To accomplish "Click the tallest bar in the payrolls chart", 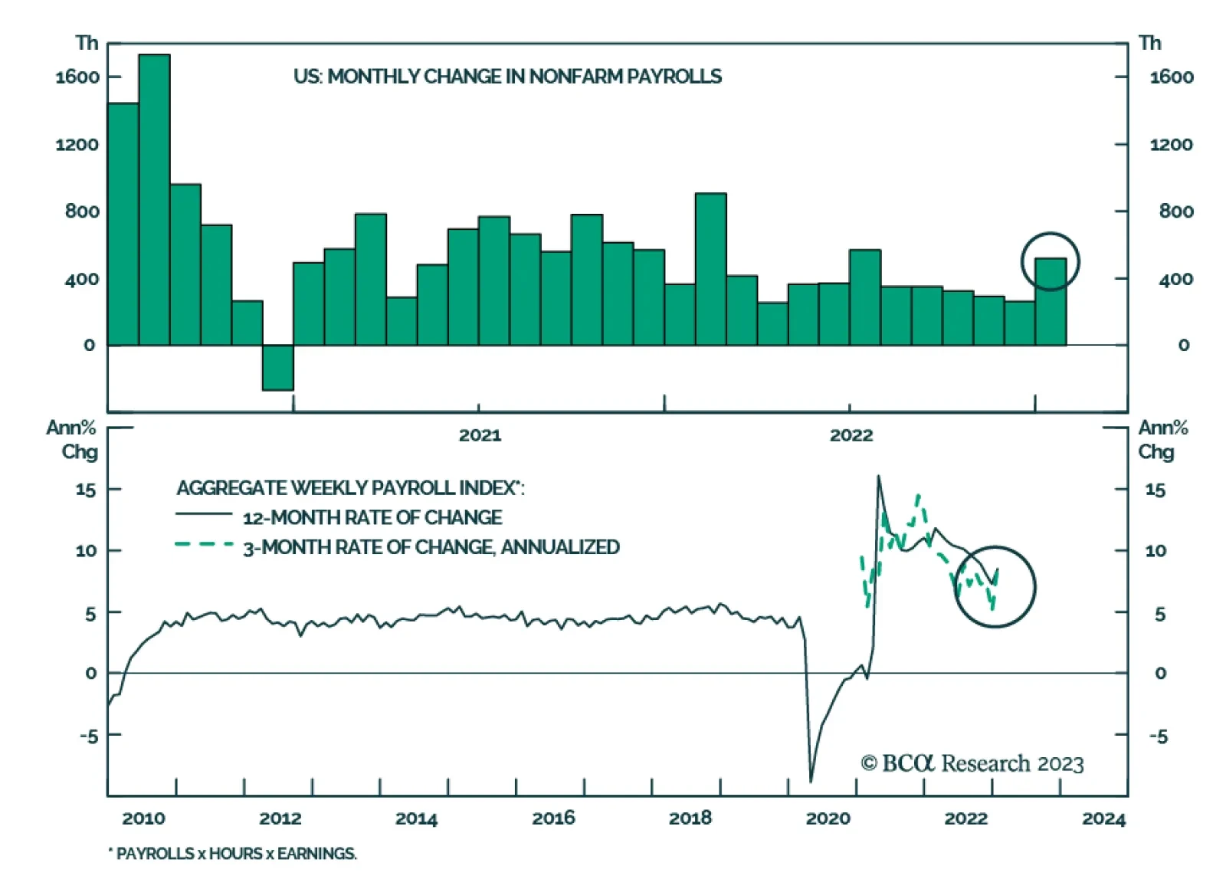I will point(154,199).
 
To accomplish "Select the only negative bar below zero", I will point(277,368).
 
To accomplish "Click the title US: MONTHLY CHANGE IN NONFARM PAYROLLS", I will point(507,77).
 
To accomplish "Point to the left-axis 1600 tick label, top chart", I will point(77,77).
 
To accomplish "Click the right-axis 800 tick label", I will point(1175,212).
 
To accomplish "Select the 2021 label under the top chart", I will point(480,435).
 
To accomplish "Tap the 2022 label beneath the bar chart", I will point(851,435).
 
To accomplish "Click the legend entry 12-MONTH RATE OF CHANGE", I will point(372,517).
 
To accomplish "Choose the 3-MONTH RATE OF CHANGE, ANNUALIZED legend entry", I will point(431,547).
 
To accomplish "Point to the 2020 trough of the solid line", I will point(811,780).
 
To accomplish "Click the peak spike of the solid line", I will point(878,477).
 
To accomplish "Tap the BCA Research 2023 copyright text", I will point(972,763).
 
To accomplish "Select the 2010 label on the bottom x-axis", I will point(143,818).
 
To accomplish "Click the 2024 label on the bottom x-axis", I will point(1103,818).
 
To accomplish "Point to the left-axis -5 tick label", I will point(89,736).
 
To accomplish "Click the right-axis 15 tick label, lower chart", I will point(1156,490).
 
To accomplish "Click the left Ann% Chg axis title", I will point(73,439).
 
